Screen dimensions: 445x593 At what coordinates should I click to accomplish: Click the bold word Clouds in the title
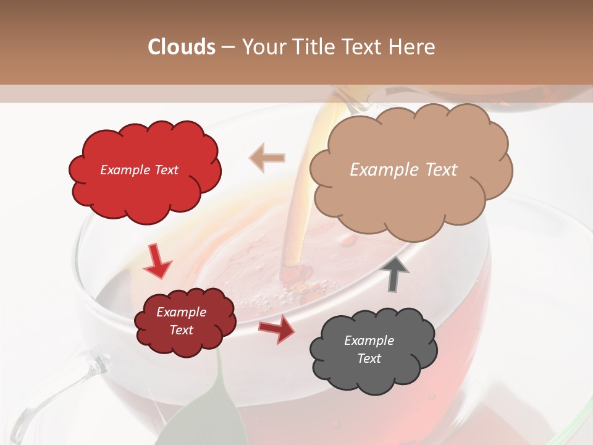click(182, 47)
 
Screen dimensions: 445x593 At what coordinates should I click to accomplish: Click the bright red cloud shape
click(145, 185)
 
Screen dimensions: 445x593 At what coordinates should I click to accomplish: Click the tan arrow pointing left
click(267, 158)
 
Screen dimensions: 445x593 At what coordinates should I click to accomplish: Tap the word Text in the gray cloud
click(369, 358)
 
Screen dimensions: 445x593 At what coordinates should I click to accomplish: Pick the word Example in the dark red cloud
click(181, 312)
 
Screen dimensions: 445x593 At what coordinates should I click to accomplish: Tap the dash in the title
click(228, 47)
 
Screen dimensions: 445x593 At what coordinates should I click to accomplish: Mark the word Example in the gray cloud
click(369, 341)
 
